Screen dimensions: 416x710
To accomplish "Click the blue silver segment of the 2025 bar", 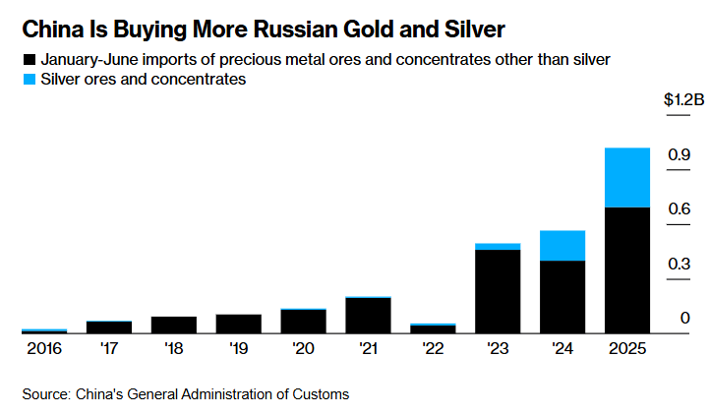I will tap(626, 177).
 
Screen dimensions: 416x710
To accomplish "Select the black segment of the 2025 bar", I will tap(626, 269).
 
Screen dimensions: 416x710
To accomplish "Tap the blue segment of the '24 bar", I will tap(562, 245).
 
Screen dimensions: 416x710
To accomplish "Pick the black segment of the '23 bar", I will tap(497, 291).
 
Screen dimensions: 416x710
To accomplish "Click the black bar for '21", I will tap(368, 315).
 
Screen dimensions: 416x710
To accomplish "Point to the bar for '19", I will tap(238, 324).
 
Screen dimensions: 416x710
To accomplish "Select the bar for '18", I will tap(173, 325).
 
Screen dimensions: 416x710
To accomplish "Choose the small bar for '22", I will tap(433, 328).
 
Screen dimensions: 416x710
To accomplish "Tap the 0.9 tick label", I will tap(679, 154).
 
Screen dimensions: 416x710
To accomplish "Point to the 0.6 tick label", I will tap(679, 209).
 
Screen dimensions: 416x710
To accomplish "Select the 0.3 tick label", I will tap(679, 264).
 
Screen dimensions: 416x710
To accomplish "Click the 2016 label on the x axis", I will tap(43, 348).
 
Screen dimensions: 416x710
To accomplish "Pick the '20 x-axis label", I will tap(303, 348).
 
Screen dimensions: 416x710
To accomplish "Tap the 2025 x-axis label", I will tap(626, 348).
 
